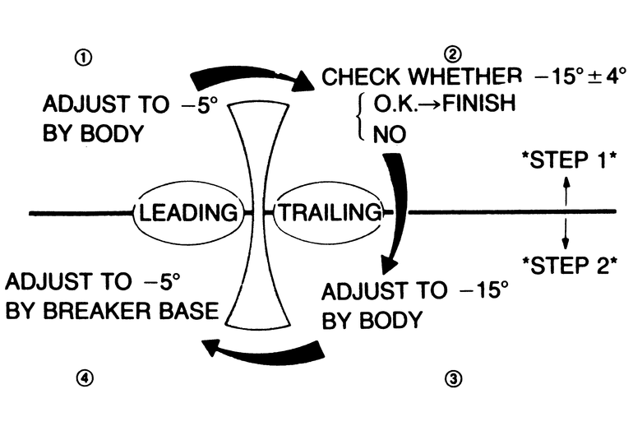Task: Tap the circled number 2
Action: click(x=451, y=55)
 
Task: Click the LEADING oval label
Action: click(x=189, y=212)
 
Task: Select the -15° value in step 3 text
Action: click(x=479, y=291)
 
